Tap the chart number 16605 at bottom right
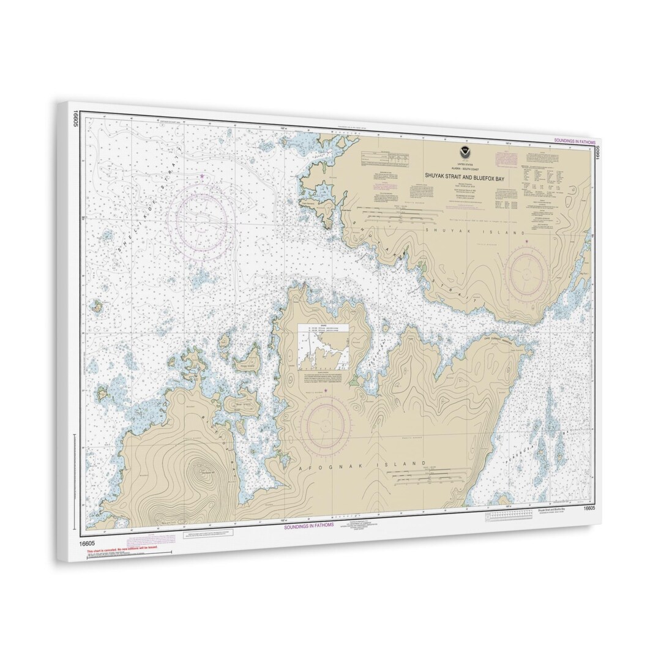pos(589,507)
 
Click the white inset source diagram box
pos(323,347)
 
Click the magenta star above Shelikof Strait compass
pos(203,176)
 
